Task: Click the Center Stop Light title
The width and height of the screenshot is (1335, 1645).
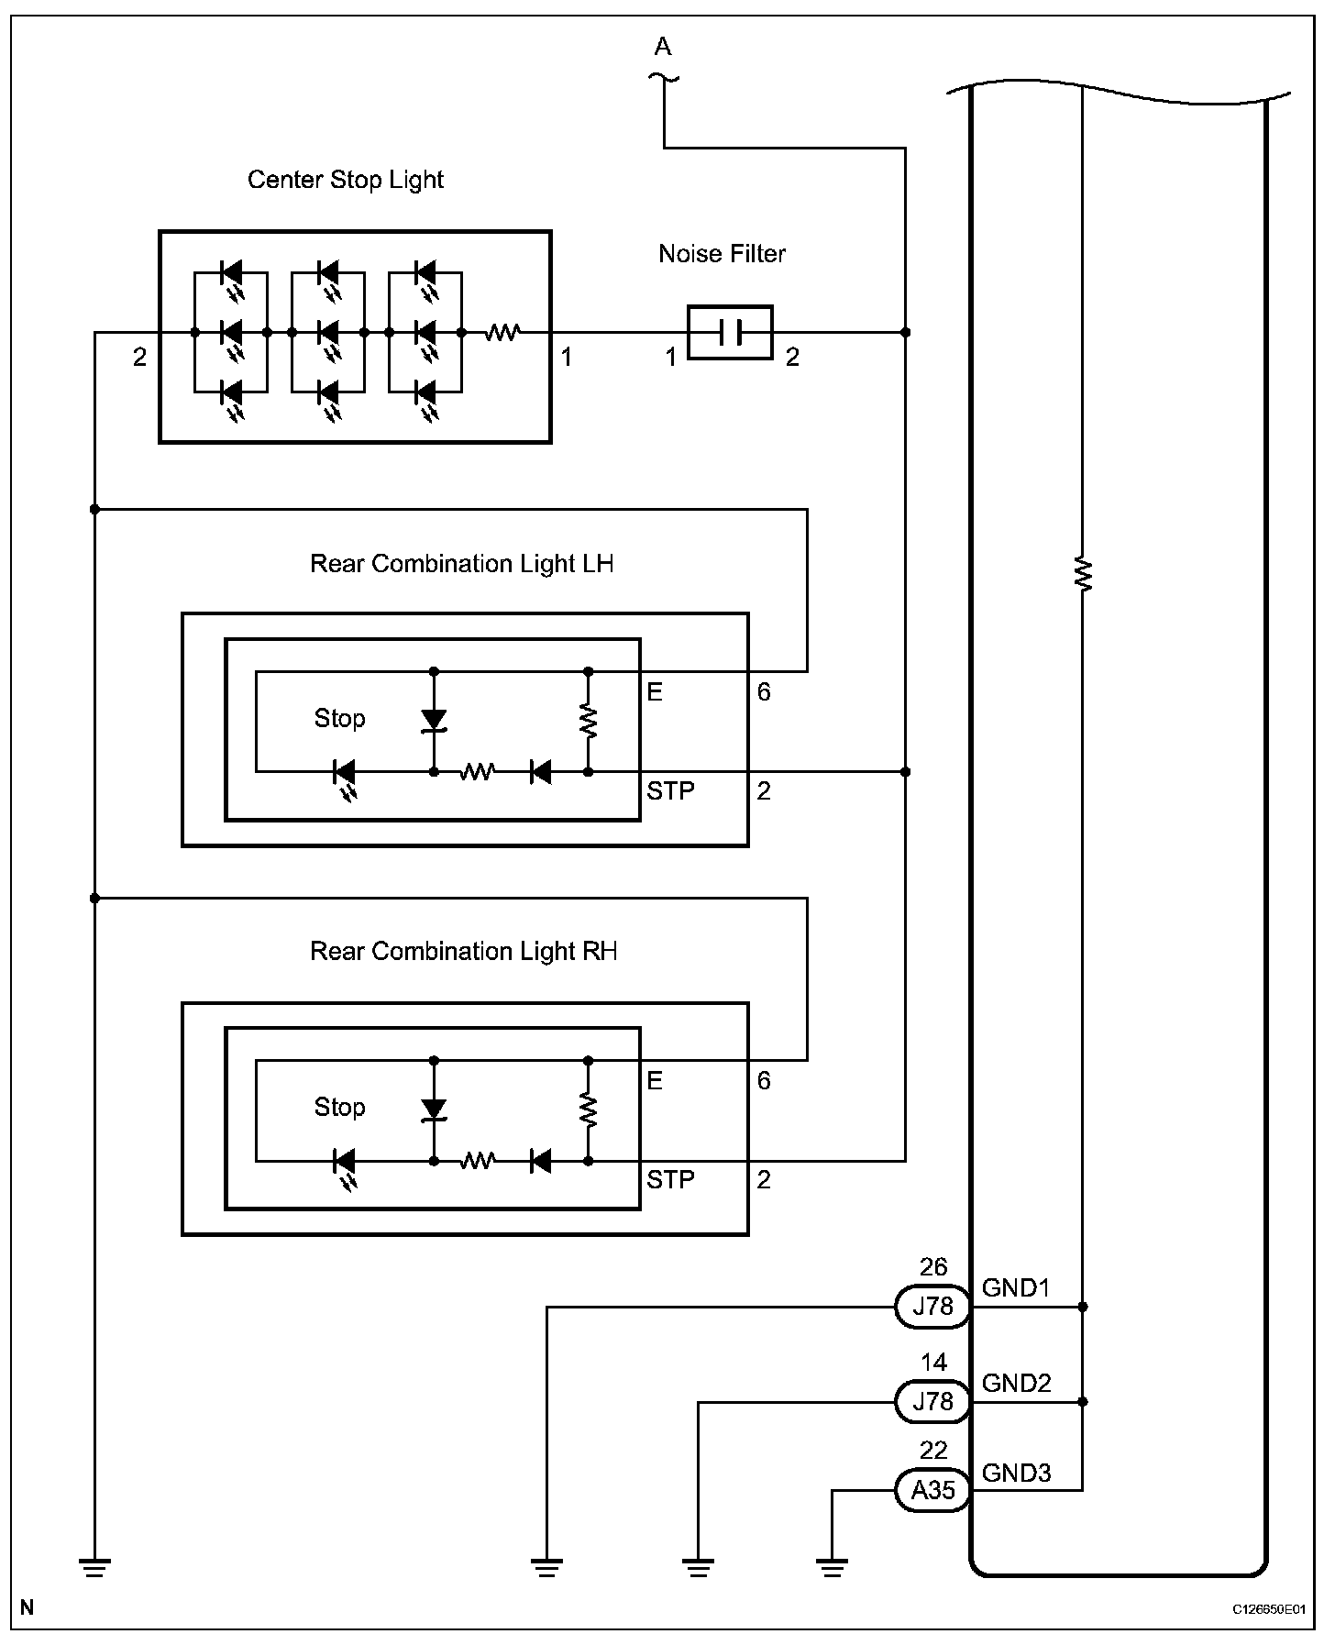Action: coord(345,180)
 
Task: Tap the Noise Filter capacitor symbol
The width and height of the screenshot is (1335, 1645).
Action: coord(730,332)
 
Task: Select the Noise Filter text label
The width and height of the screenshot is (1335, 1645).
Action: coord(723,253)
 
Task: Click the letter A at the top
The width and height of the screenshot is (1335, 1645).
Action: coord(663,46)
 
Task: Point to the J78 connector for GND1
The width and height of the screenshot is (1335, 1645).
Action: coord(932,1306)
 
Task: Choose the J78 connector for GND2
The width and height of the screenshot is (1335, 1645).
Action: coord(932,1401)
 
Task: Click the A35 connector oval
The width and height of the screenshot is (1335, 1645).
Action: coord(932,1490)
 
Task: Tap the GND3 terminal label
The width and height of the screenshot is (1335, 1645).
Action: coord(1016,1474)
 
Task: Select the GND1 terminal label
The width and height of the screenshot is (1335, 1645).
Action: coord(1015,1288)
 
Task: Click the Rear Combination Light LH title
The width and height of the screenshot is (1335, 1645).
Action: coord(461,564)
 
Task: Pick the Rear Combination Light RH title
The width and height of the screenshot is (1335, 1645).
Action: coord(463,952)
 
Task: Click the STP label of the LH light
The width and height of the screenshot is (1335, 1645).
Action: coord(670,790)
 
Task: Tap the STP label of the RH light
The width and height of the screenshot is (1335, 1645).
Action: coord(670,1179)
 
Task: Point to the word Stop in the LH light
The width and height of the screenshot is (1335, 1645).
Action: coord(339,718)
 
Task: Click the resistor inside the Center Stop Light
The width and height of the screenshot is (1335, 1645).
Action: coord(502,332)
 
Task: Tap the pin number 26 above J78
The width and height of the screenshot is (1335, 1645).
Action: coord(932,1267)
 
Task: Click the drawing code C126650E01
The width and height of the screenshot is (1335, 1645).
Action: coord(1269,1609)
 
